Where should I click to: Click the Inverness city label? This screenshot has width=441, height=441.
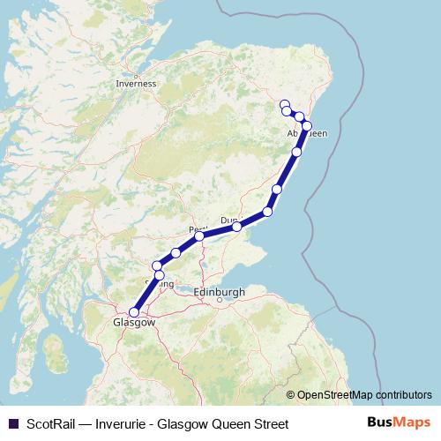click(x=136, y=84)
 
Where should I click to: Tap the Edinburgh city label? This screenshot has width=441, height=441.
click(x=217, y=292)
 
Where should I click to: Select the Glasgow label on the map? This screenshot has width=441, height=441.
click(x=134, y=323)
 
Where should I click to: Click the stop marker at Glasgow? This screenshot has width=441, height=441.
click(x=134, y=311)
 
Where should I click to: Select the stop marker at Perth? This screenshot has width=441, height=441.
click(x=200, y=236)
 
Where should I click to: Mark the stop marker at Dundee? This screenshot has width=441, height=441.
click(x=237, y=228)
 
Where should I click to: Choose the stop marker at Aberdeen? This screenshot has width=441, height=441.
click(x=307, y=126)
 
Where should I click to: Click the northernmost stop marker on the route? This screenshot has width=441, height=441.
click(x=284, y=105)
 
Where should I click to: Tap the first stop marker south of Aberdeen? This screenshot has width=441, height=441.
click(x=296, y=153)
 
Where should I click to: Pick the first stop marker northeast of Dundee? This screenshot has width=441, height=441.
click(x=268, y=212)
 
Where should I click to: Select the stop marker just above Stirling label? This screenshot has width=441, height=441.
click(x=160, y=275)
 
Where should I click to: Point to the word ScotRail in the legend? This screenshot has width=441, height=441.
click(x=50, y=424)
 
